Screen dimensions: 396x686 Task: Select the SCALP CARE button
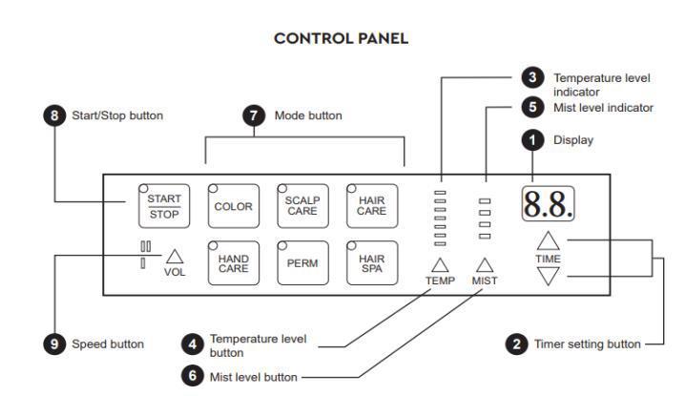point(301,205)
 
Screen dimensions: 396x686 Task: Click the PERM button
point(301,263)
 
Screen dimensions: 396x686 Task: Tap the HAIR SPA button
point(371,263)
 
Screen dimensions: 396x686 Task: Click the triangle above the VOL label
point(175,256)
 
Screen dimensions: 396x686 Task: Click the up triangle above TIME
point(548,240)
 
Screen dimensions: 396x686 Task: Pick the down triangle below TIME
point(548,277)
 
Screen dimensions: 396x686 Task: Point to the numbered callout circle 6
point(192,375)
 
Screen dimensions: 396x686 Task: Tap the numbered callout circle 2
point(516,344)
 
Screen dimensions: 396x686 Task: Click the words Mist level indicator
point(603,108)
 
